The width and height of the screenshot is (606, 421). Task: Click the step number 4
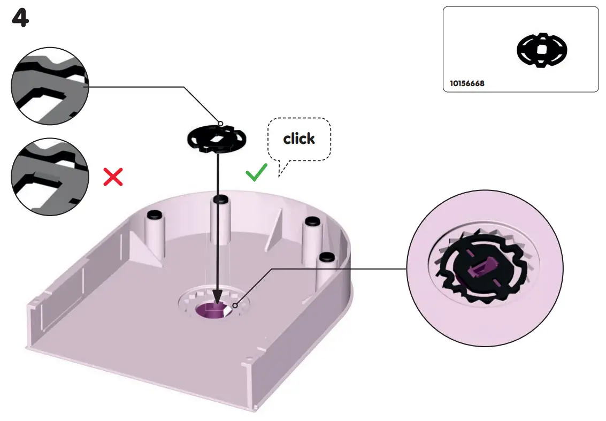20,19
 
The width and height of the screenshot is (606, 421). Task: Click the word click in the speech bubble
299,139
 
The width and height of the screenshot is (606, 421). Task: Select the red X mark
113,177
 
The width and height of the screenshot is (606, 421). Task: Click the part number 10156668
467,84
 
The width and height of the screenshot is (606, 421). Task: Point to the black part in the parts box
541,50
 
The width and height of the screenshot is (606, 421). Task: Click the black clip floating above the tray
217,139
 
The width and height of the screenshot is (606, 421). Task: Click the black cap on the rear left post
154,215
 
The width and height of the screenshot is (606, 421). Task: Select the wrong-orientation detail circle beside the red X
49,177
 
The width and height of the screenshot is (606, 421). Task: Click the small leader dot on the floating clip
220,124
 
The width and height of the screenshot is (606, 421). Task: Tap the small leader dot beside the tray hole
235,306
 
